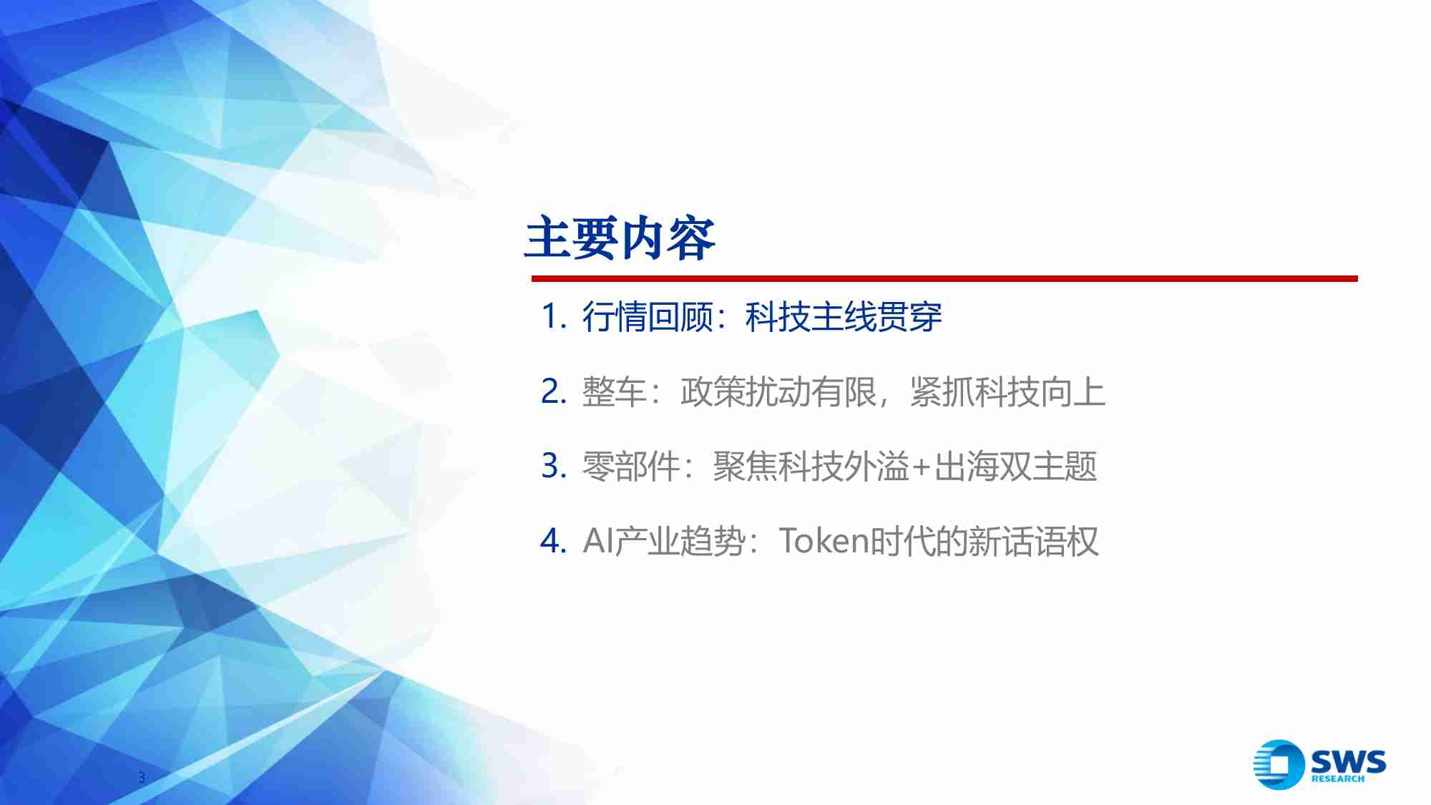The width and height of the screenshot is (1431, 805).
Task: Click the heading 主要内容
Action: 620,238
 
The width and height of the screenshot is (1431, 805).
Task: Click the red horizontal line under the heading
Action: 944,278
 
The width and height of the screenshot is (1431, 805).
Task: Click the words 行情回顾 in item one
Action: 648,316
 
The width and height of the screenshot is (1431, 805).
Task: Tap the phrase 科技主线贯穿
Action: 844,316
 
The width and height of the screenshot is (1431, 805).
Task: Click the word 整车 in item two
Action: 615,391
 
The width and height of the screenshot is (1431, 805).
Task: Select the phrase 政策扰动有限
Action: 778,391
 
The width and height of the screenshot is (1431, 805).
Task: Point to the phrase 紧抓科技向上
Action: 1007,391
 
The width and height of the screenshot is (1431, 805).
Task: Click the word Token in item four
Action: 824,541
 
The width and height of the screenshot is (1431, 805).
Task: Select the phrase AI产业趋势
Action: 664,541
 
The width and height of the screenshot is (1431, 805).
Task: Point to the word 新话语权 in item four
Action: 1032,541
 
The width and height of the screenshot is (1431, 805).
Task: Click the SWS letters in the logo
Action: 1348,761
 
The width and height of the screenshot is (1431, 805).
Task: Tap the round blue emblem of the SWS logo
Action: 1279,764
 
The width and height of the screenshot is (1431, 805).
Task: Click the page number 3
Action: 142,778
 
